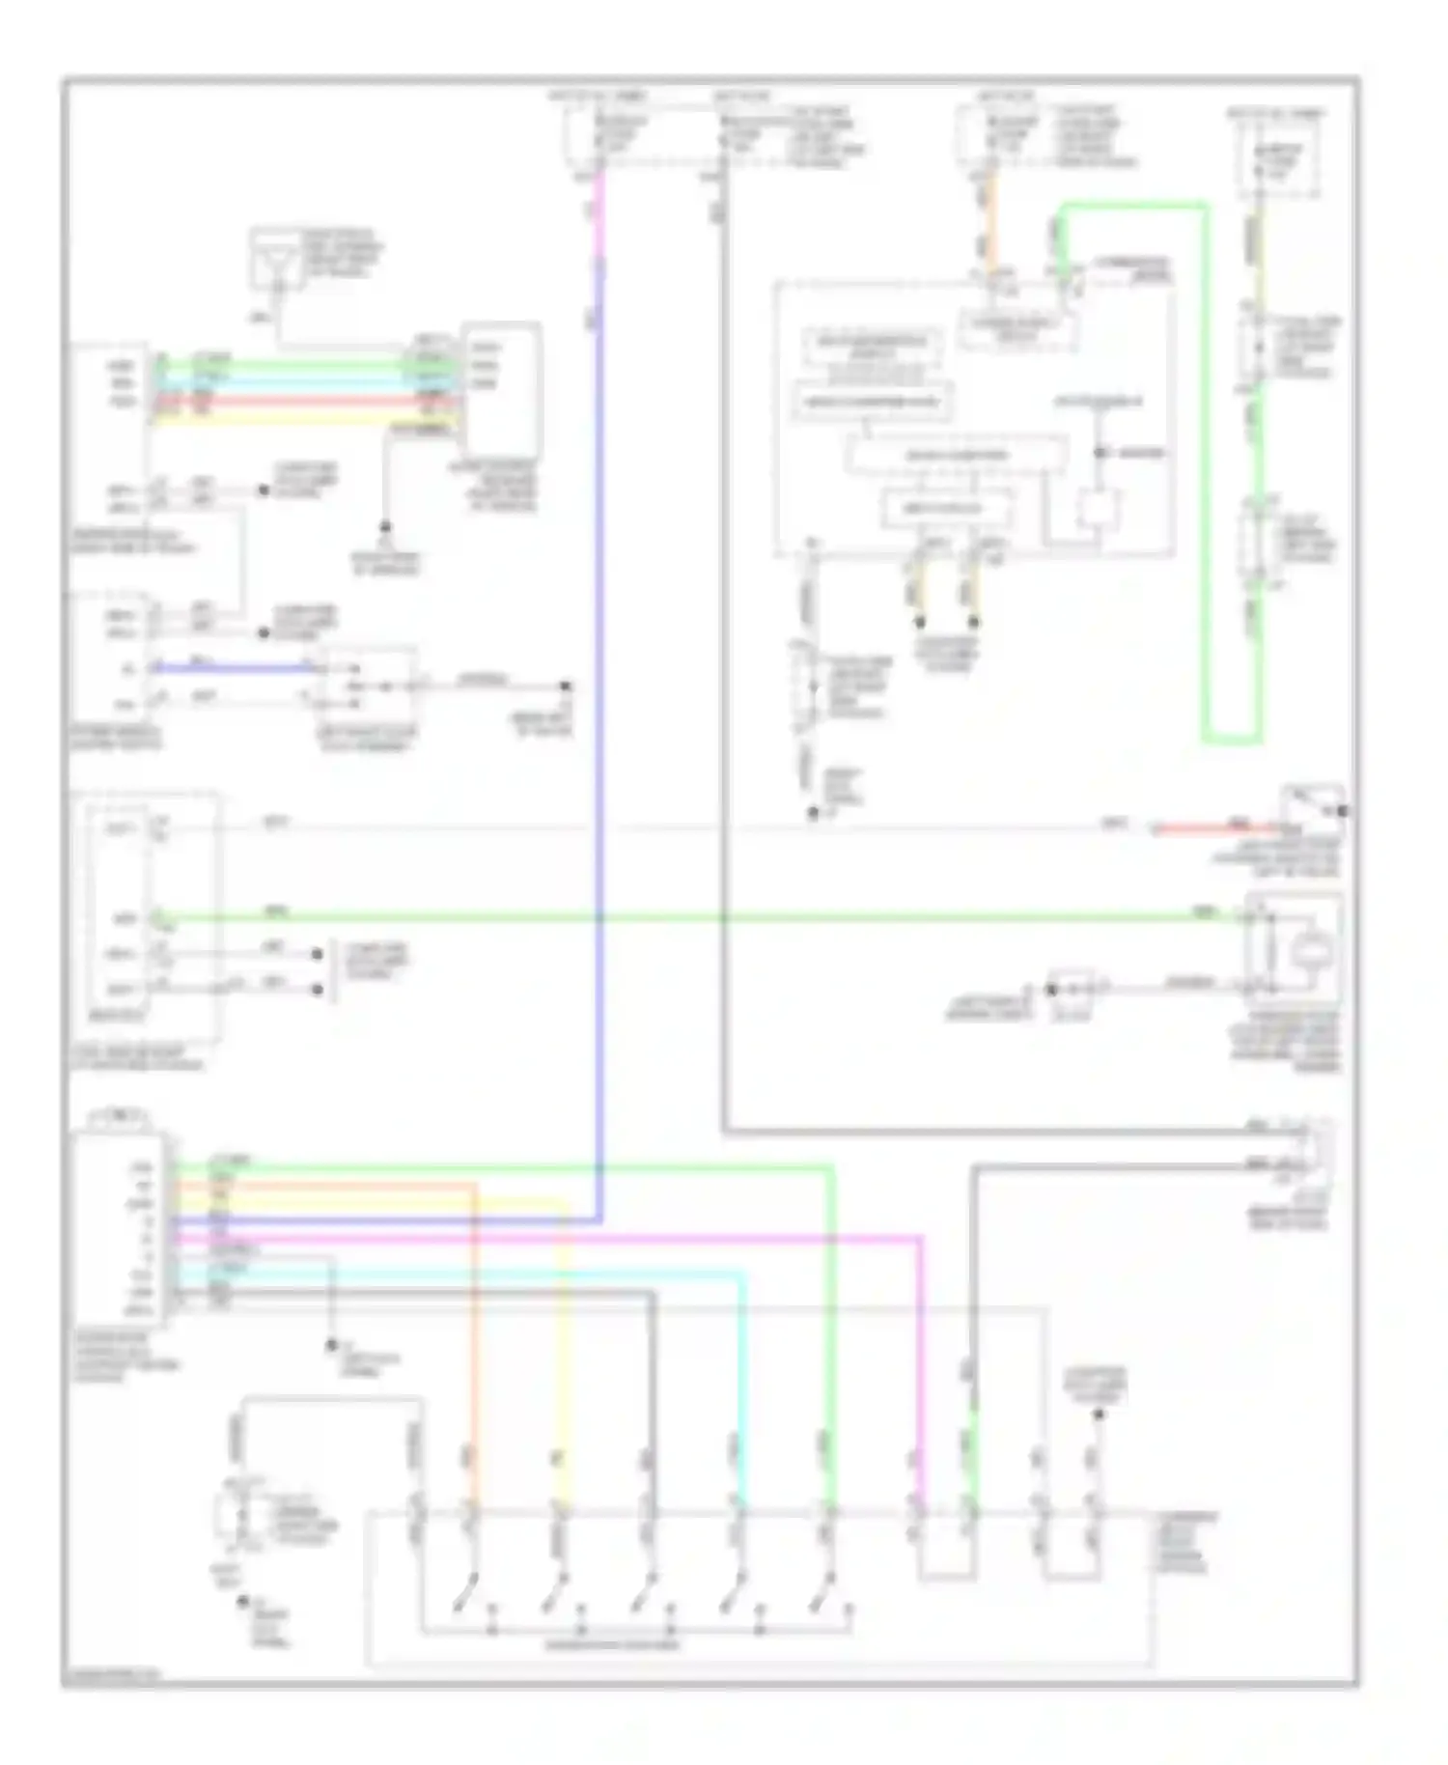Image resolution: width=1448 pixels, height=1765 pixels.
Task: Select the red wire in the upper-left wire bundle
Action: click(x=290, y=399)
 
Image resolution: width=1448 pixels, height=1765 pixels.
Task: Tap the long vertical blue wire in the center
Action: click(x=600, y=772)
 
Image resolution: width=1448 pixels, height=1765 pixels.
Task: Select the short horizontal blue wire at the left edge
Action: click(x=232, y=667)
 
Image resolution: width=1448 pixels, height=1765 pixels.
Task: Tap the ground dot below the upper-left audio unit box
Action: click(x=384, y=527)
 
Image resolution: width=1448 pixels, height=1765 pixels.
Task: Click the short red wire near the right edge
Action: click(x=1216, y=827)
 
